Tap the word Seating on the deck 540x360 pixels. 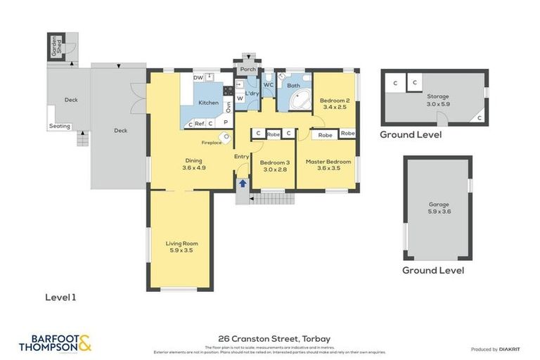click(59, 127)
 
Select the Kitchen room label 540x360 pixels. click(208, 103)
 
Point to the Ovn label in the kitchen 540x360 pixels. click(228, 107)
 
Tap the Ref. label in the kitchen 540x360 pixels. click(200, 124)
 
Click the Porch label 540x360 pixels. click(247, 70)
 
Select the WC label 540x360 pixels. click(268, 85)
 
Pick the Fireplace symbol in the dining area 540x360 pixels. click(224, 138)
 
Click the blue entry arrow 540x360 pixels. click(243, 184)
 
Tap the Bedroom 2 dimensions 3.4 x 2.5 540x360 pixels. click(335, 107)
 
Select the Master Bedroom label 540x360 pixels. click(328, 161)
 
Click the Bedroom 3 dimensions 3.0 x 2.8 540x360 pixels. click(276, 169)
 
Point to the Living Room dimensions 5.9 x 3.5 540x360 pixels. click(180, 250)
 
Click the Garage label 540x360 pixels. click(438, 205)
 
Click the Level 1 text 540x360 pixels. click(60, 297)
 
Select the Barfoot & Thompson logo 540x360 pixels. click(55, 343)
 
